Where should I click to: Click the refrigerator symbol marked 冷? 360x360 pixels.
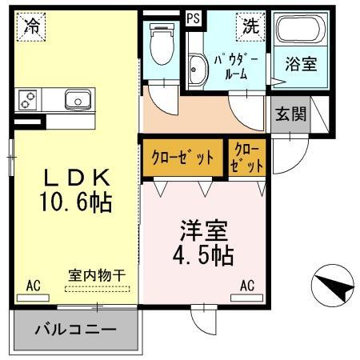[x=32, y=26]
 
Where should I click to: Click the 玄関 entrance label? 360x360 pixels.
[x=291, y=114]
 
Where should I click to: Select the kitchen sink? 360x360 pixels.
[x=77, y=100]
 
